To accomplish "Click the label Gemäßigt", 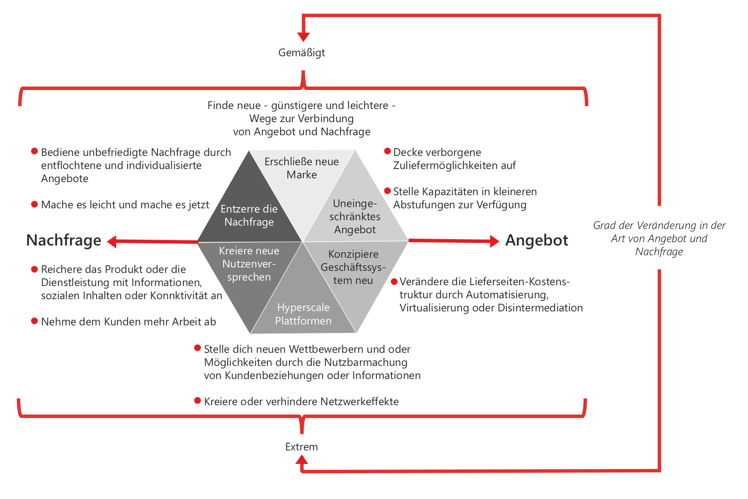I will click(x=302, y=53).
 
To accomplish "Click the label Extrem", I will click(x=301, y=447).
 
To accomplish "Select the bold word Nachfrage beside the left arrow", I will click(x=64, y=240).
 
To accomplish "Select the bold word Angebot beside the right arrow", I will click(x=536, y=240).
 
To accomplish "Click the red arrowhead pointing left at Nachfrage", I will click(x=112, y=242).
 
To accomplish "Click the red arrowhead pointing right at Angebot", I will click(x=494, y=241).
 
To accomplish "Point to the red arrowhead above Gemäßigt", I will click(x=303, y=37).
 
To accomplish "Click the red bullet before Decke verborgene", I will click(x=387, y=151).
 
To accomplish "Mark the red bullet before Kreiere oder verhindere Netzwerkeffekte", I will click(x=197, y=401).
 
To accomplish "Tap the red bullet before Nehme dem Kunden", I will click(x=35, y=321).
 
